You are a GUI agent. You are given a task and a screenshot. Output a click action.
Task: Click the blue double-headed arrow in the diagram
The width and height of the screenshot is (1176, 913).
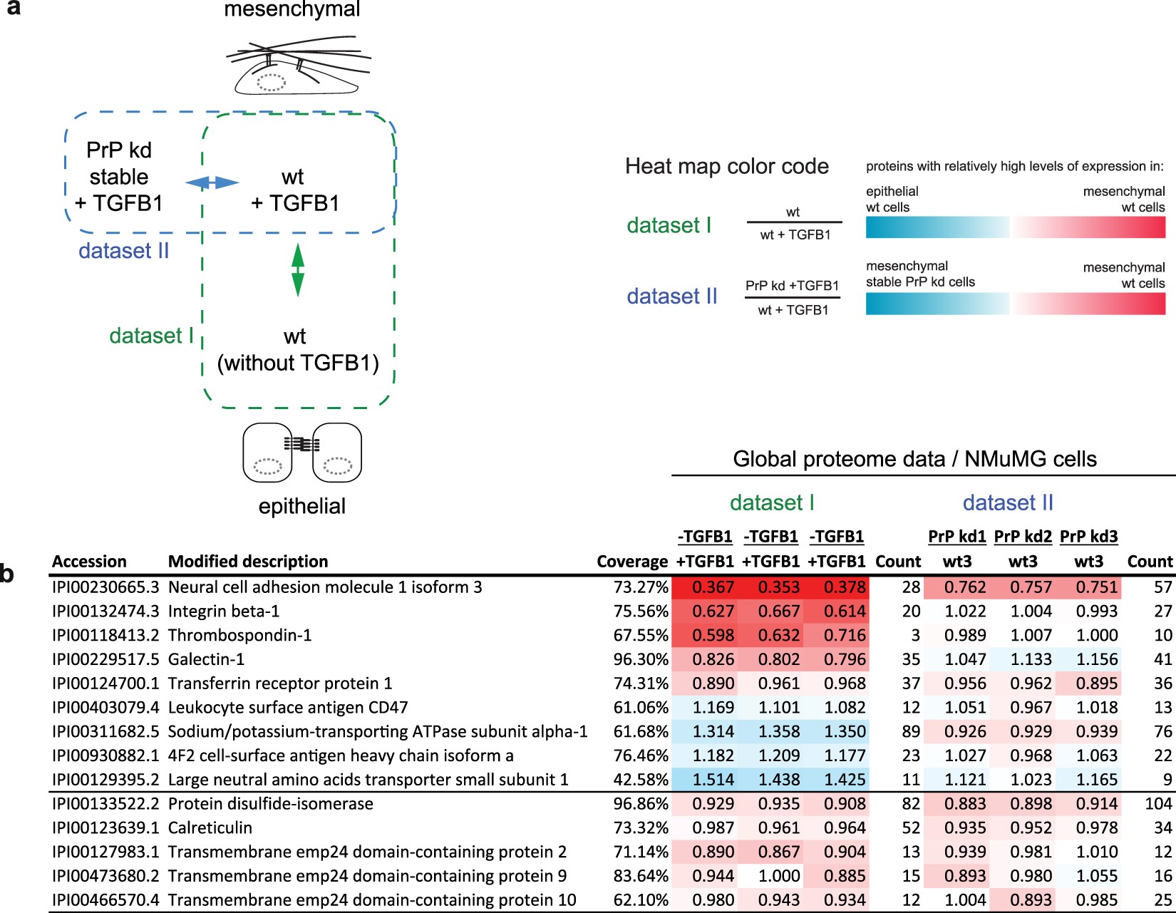point(212,183)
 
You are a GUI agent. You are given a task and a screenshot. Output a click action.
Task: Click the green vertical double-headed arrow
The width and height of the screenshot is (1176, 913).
point(298,269)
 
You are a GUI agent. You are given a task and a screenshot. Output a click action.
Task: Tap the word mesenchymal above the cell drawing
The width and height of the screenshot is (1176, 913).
point(292,10)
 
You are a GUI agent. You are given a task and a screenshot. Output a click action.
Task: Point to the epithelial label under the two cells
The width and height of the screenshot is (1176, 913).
point(302,506)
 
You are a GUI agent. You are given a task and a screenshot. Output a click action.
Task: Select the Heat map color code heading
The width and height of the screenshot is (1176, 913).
point(726,167)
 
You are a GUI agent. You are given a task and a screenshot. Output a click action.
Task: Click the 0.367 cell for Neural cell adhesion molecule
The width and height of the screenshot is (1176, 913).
point(704,587)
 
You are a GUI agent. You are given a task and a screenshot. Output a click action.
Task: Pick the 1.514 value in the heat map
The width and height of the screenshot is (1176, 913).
point(704,780)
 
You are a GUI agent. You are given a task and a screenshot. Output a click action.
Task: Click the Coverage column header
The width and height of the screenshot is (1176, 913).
point(632,562)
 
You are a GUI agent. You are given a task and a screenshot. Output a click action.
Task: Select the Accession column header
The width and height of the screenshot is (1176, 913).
point(89,562)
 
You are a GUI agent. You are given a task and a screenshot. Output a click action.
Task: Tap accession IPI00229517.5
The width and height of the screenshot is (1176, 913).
point(105,659)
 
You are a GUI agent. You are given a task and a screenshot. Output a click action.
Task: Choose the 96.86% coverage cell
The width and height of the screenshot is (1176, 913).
point(641,804)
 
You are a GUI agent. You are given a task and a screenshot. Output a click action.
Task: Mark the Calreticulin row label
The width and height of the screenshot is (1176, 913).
point(210,828)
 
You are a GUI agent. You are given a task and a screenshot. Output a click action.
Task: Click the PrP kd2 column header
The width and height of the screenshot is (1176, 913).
point(1023,537)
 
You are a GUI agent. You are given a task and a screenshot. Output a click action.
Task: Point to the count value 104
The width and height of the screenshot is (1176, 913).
point(1158,804)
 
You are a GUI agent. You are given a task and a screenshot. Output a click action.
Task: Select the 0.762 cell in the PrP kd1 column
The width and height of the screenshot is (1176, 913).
point(956,587)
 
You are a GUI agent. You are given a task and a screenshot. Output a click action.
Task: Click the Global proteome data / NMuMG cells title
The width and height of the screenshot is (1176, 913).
point(914,459)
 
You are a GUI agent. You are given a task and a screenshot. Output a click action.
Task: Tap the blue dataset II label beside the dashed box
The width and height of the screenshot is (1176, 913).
point(123,251)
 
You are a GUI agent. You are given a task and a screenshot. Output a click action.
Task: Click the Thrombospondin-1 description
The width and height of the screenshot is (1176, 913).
point(239,635)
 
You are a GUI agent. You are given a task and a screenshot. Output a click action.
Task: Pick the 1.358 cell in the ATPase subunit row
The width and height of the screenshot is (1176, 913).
point(770,732)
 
